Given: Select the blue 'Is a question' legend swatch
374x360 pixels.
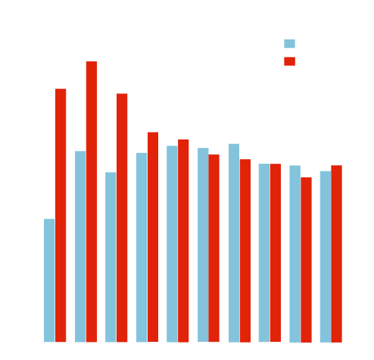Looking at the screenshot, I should [x=289, y=44].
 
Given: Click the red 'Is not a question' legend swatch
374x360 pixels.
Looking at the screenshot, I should [x=289, y=61].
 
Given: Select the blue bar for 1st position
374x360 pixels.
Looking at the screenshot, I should [x=50, y=280].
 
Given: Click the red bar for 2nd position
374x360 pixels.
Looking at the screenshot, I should [x=92, y=201].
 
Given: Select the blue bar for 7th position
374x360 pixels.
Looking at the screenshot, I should [x=234, y=242].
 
